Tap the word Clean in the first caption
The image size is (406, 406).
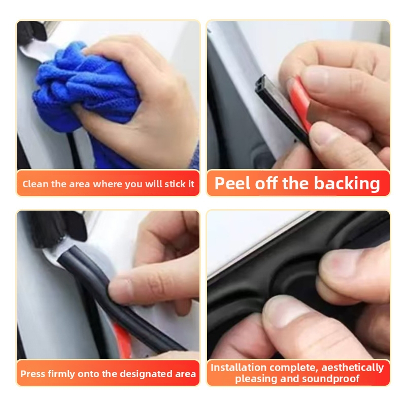click(x=36, y=184)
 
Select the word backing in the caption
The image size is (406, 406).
click(x=347, y=184)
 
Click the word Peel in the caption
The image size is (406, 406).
click(x=232, y=183)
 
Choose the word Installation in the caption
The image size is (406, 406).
click(x=239, y=367)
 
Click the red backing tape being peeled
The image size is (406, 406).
click(x=299, y=104)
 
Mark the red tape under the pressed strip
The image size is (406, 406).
click(x=122, y=339)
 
